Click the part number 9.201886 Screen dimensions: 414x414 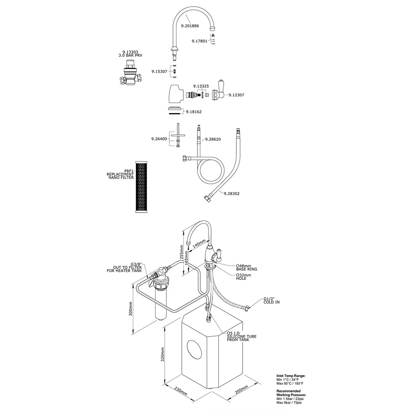click(190, 26)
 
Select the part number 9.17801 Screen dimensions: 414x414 click(200, 41)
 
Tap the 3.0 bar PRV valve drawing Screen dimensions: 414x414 click(131, 75)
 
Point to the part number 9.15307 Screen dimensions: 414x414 click(159, 71)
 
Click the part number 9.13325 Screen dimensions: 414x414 click(201, 86)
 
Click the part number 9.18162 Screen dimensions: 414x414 click(193, 112)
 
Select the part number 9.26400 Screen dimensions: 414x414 click(159, 139)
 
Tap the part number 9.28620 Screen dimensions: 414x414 click(212, 139)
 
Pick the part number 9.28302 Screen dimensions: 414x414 click(232, 193)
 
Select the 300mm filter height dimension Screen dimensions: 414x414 click(131, 308)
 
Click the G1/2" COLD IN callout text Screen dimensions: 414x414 click(271, 300)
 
